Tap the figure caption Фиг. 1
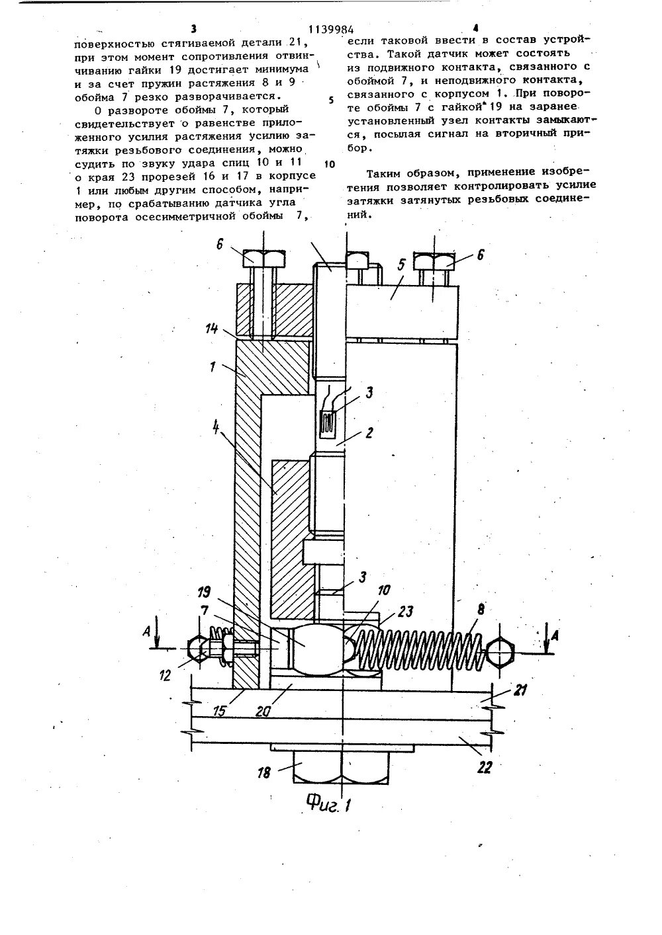click(x=329, y=803)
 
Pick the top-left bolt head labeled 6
click(x=263, y=259)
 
